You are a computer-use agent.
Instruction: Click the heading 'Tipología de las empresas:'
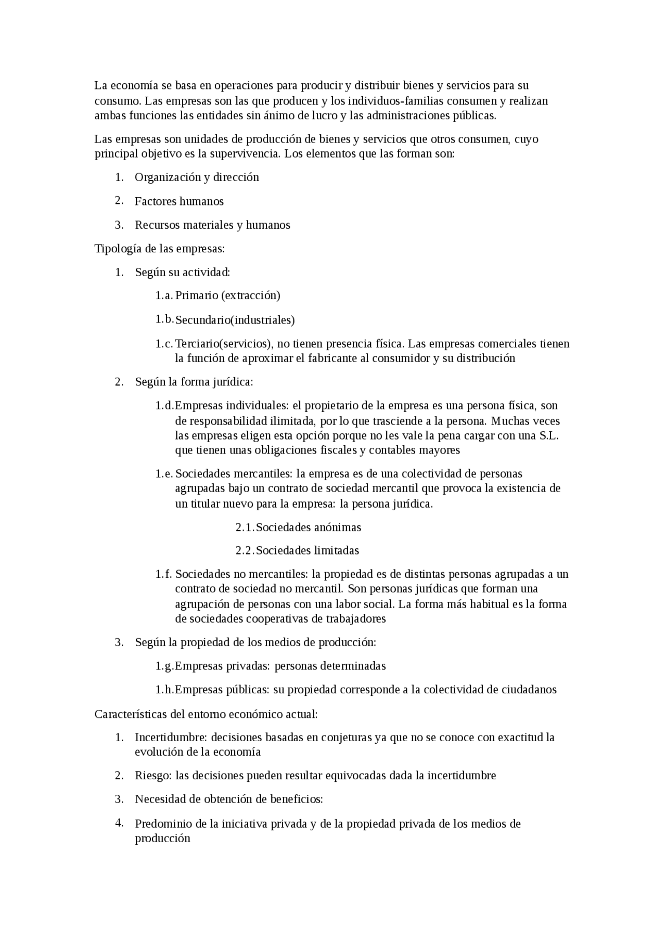[x=159, y=249]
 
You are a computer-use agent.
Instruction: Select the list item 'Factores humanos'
[x=179, y=201]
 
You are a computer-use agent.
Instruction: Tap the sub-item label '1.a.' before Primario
[x=164, y=295]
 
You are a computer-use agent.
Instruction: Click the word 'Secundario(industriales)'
[x=235, y=320]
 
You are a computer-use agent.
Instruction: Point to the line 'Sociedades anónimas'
[x=308, y=527]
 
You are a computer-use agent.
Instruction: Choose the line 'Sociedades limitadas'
[x=307, y=550]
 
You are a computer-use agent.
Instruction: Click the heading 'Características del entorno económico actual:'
[x=206, y=714]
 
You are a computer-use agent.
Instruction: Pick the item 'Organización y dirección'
[x=197, y=177]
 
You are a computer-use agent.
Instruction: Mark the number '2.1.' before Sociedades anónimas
[x=245, y=527]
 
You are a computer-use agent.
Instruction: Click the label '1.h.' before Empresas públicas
[x=164, y=690]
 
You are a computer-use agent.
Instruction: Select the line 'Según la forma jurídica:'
[x=194, y=382]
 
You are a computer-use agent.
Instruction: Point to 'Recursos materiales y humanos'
[x=212, y=225]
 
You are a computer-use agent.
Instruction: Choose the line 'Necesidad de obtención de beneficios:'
[x=229, y=799]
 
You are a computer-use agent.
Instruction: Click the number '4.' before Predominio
[x=119, y=823]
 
